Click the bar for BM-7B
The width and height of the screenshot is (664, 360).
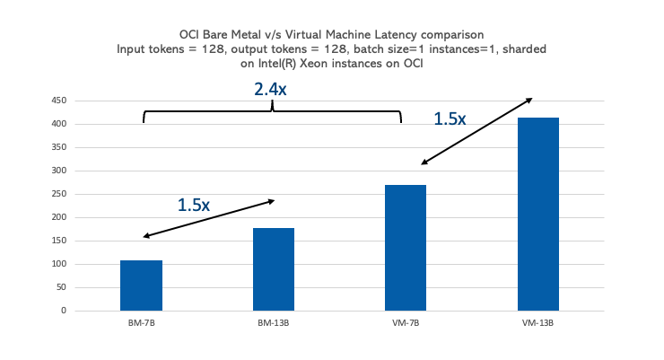pyautogui.click(x=141, y=285)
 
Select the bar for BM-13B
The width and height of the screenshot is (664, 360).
pyautogui.click(x=274, y=269)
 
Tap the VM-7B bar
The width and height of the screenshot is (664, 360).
pyautogui.click(x=406, y=248)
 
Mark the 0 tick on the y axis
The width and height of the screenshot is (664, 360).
pyautogui.click(x=64, y=311)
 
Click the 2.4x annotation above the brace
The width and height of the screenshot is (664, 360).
pyautogui.click(x=270, y=89)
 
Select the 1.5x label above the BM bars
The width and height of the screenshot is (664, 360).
pyautogui.click(x=193, y=205)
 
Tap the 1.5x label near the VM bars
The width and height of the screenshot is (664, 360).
pyautogui.click(x=450, y=119)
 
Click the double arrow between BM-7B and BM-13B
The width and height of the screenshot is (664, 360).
pyautogui.click(x=208, y=218)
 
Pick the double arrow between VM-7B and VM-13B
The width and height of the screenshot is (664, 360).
pyautogui.click(x=476, y=131)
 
